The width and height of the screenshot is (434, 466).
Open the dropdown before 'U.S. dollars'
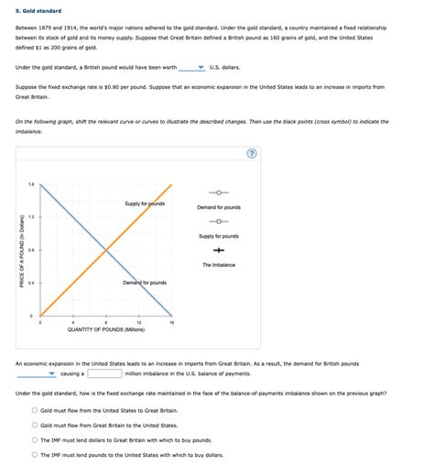(x=192, y=67)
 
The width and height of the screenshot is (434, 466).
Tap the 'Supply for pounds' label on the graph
(x=145, y=203)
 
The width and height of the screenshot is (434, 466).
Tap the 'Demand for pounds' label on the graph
(x=145, y=283)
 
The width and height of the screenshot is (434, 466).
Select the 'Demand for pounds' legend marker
(x=219, y=193)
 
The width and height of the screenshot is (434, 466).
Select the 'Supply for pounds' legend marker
(x=219, y=221)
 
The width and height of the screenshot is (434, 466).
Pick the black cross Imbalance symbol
(x=219, y=250)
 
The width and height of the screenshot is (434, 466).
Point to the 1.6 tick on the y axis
(x=31, y=184)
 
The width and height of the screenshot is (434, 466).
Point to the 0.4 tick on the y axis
(x=31, y=283)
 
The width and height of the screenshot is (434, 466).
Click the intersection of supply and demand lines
(x=106, y=250)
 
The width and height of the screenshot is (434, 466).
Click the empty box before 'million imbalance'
(x=104, y=373)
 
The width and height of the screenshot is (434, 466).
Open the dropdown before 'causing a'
(x=37, y=373)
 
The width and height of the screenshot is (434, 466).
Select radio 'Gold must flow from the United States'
(x=35, y=411)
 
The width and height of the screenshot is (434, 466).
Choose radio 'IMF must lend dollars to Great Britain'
(x=35, y=439)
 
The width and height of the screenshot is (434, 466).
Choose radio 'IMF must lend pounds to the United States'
(x=35, y=454)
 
